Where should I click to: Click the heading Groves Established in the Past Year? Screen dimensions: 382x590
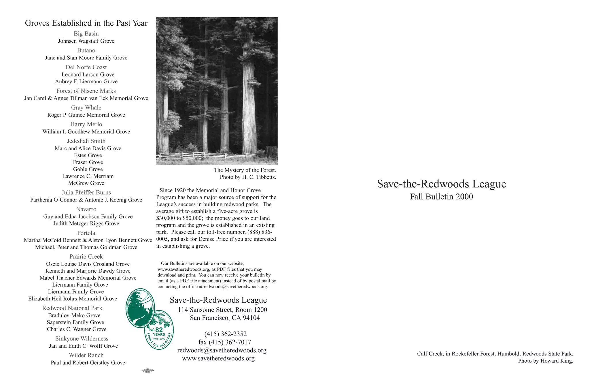(86, 23)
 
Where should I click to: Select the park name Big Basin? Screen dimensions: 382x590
(86, 34)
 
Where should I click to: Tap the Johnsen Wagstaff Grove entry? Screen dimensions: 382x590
(86, 41)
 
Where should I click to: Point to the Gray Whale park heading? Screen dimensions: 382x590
(86, 108)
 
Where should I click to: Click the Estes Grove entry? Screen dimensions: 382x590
(88, 155)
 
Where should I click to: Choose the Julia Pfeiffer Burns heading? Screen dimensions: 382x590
(86, 193)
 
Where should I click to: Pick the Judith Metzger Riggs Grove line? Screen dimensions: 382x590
(86, 223)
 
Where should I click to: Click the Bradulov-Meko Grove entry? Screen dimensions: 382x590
(74, 315)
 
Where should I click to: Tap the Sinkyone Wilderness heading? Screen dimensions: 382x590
(82, 339)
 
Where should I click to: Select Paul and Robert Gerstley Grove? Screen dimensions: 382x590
(88, 363)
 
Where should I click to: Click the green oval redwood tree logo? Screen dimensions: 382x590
(140, 308)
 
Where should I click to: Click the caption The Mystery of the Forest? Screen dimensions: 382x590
(245, 170)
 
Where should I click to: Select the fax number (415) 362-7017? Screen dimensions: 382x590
(225, 342)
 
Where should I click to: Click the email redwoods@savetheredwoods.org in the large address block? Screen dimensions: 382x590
(222, 350)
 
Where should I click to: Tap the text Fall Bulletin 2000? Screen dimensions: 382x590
(441, 197)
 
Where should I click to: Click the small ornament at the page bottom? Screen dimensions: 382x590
(147, 371)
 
